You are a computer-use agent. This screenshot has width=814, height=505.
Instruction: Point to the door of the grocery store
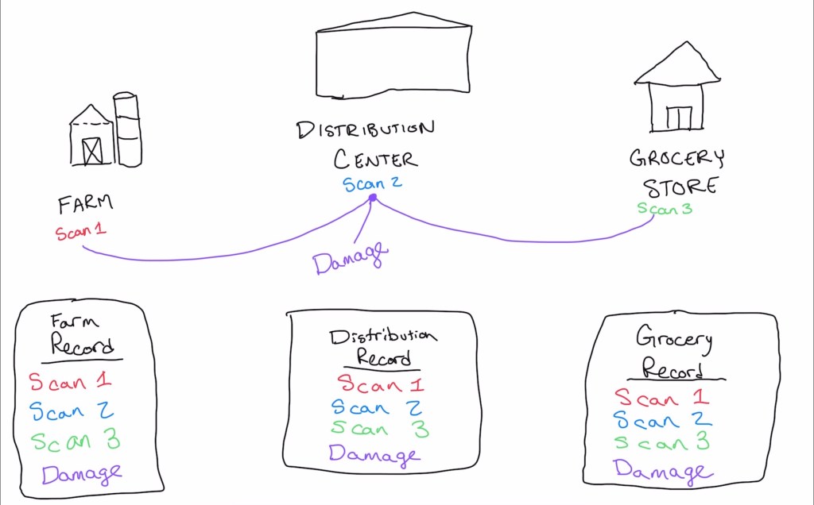[679, 118]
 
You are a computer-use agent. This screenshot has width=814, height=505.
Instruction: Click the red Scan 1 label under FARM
[80, 232]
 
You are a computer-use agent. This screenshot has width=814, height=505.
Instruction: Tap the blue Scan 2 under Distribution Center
[372, 184]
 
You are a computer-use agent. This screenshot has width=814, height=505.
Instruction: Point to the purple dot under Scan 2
[372, 198]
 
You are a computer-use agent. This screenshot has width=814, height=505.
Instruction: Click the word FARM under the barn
[85, 204]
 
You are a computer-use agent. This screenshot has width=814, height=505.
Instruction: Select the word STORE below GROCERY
[680, 187]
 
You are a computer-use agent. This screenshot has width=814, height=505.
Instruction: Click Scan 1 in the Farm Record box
[70, 382]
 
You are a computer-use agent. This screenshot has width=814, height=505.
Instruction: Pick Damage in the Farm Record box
[82, 474]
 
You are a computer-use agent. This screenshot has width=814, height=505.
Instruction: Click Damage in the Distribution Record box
[373, 455]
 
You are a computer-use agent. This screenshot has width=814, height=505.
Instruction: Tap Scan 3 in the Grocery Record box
[661, 442]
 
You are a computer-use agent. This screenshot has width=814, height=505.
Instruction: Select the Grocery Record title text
[673, 354]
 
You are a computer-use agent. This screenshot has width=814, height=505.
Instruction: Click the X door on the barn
[92, 150]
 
